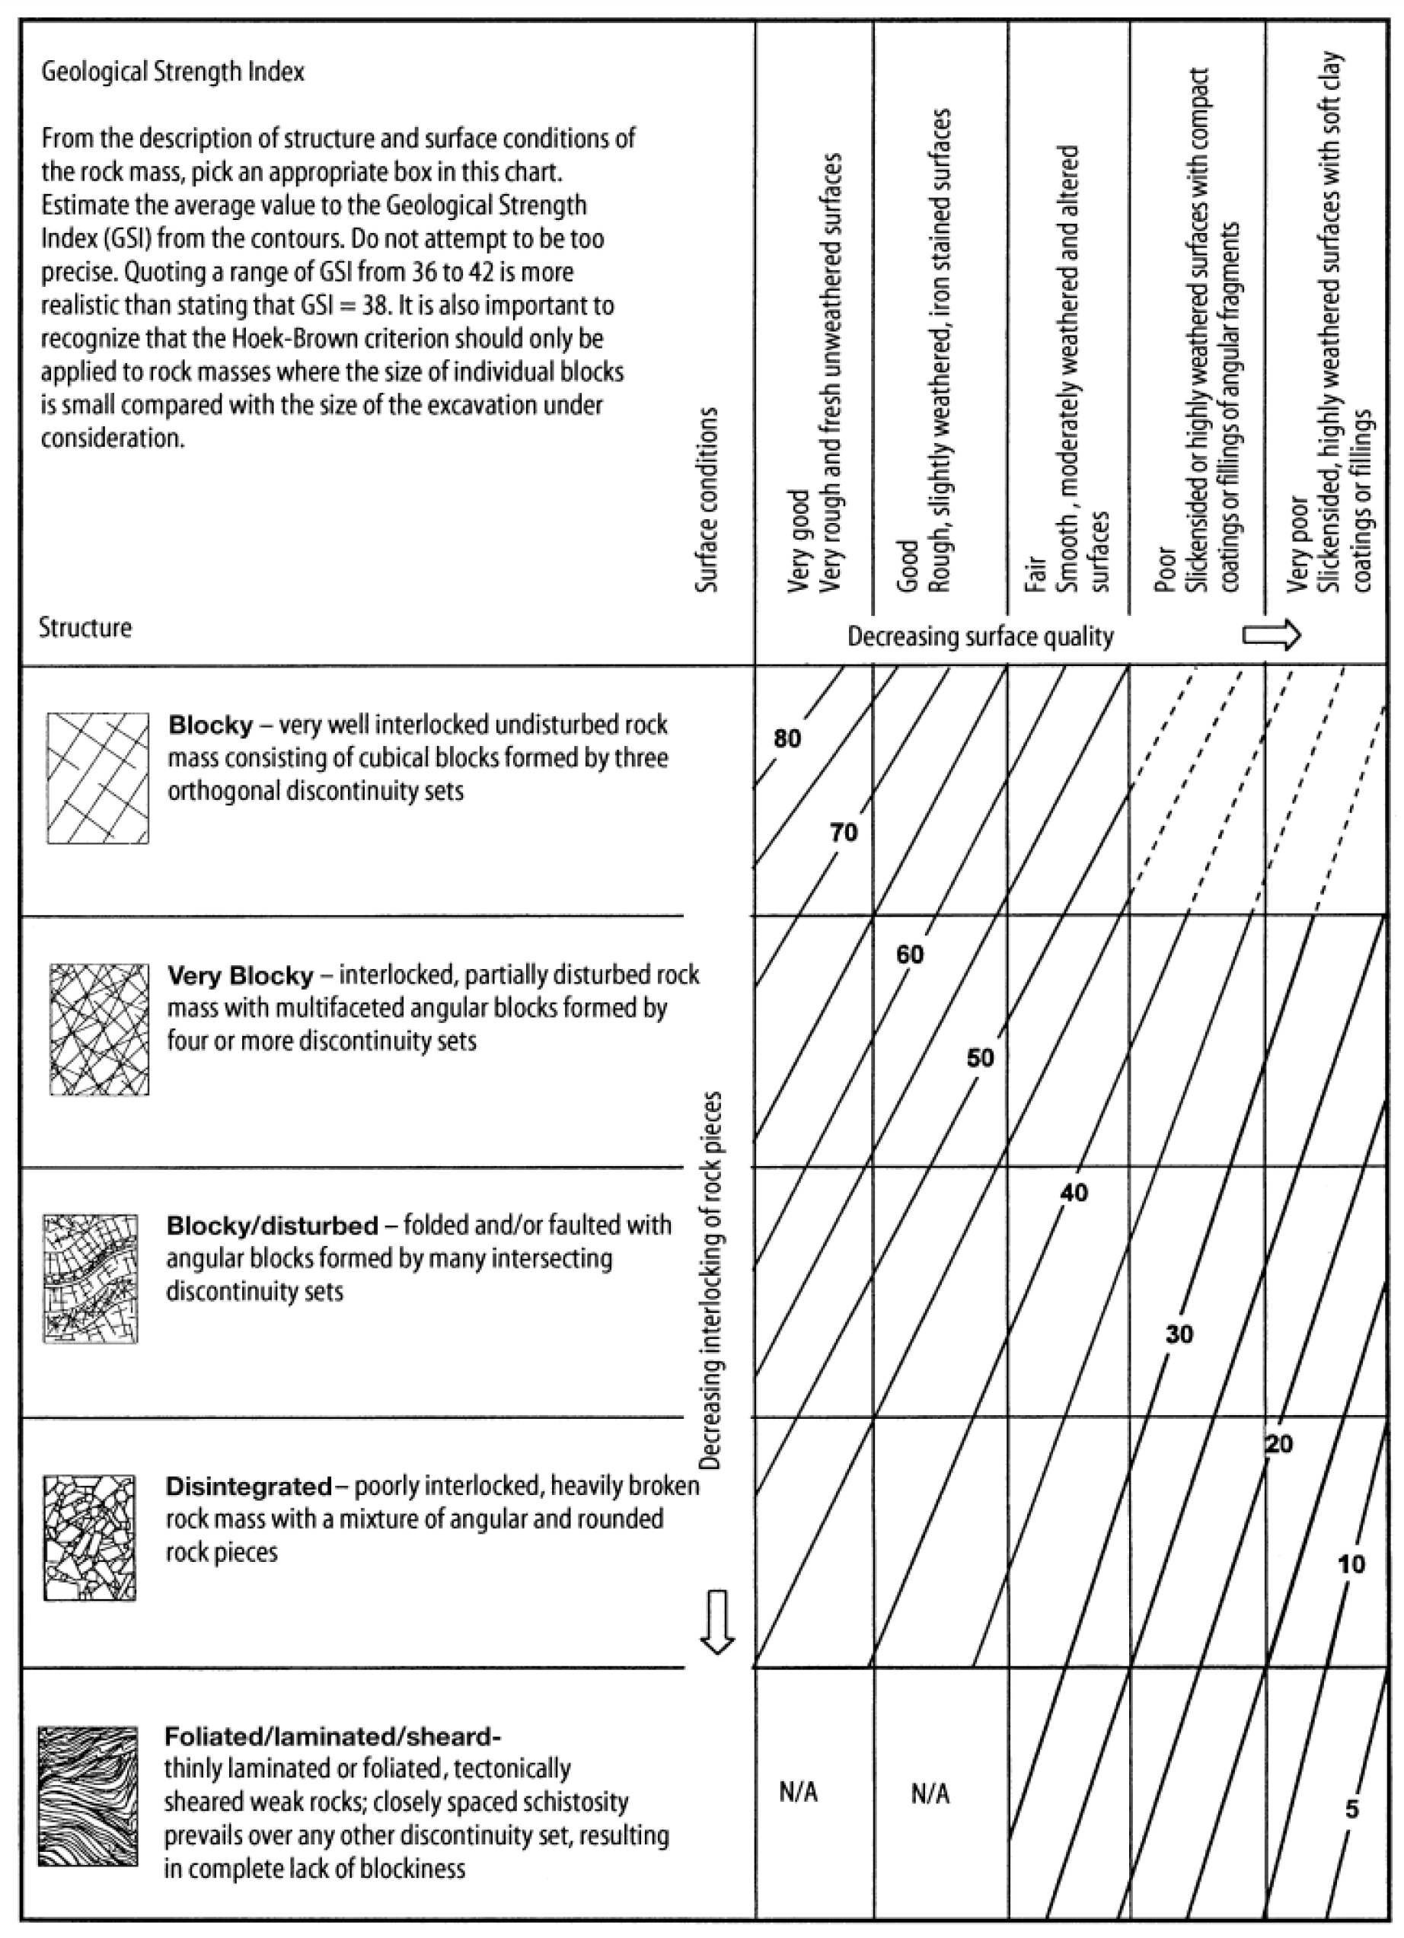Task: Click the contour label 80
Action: point(787,738)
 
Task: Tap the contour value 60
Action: point(910,955)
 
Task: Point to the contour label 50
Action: point(980,1059)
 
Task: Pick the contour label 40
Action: point(1074,1193)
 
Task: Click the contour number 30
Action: point(1179,1334)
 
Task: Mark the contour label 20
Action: point(1278,1445)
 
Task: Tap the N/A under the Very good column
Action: point(798,1793)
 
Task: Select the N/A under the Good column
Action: point(930,1794)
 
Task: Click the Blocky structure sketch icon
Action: point(97,779)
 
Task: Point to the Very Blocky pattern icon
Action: point(99,1030)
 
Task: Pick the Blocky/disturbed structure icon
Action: point(91,1278)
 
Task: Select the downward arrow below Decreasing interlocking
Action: point(717,1621)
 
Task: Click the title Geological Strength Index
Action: point(173,72)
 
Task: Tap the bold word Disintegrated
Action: point(247,1487)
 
